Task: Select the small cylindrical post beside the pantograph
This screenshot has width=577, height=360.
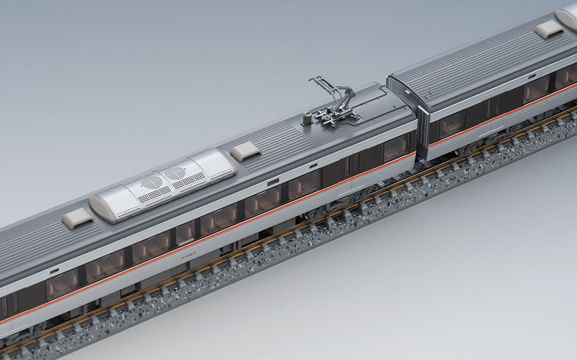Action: coord(307,116)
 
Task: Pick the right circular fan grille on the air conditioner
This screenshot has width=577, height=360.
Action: coord(174,173)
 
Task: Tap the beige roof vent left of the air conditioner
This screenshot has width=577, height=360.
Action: coord(78,219)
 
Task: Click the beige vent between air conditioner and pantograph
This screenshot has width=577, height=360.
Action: coord(245,151)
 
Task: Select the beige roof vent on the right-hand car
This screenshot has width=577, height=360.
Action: coord(548,29)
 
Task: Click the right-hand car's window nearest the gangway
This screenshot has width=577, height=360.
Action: coord(450,122)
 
